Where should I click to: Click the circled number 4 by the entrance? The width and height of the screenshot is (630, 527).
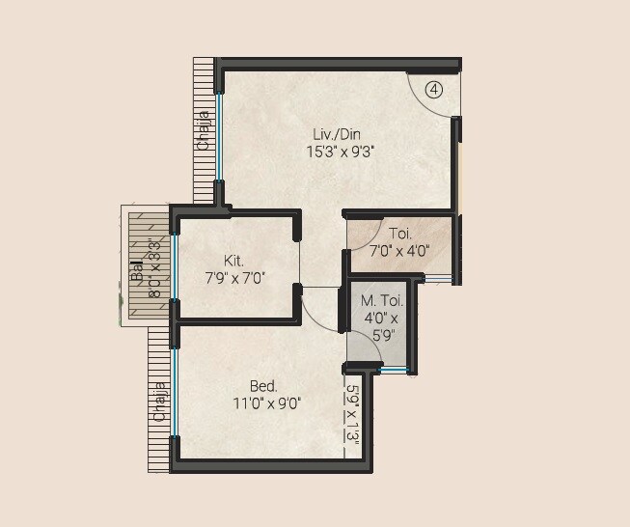click(x=434, y=90)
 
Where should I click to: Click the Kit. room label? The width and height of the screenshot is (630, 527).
click(x=233, y=261)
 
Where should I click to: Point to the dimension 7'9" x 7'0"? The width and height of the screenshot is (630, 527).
click(x=233, y=278)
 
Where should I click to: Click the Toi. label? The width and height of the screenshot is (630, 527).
click(x=400, y=234)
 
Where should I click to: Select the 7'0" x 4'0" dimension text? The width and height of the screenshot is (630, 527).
click(x=399, y=251)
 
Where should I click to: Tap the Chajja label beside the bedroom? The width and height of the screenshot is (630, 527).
click(x=160, y=402)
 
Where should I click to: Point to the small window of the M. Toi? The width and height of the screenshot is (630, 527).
click(x=394, y=369)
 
